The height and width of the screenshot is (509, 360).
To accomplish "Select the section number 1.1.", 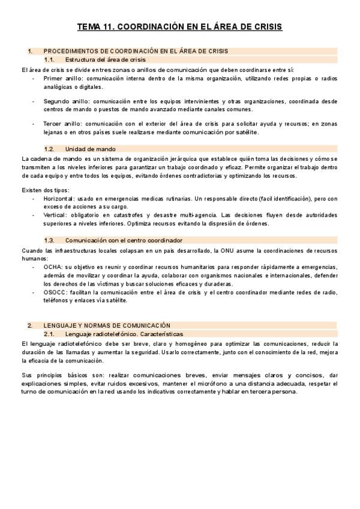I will tap(50, 60).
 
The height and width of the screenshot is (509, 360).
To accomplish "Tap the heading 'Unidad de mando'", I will tap(91, 148).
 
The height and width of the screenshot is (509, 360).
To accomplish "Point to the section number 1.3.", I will tap(50, 241).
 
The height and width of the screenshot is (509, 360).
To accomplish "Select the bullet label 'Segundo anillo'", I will tap(64, 101).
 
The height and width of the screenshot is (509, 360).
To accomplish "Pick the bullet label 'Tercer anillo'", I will tap(60, 124).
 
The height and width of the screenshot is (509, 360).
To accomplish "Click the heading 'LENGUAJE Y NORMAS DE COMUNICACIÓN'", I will tap(107, 325).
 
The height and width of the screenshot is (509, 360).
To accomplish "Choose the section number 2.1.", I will tap(50, 333).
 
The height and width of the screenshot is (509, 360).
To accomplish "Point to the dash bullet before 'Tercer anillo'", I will tap(34, 124).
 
